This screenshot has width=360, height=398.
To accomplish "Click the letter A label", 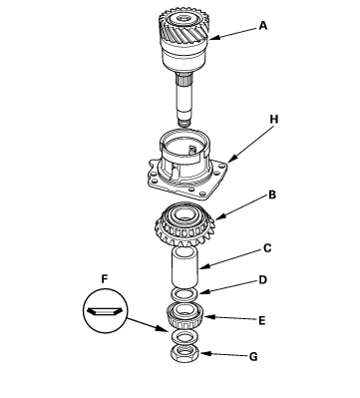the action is tap(263, 26).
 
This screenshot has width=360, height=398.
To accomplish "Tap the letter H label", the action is tap(273, 120).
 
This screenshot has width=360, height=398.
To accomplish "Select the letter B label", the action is tap(272, 195).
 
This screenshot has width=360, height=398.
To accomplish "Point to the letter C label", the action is tap(267, 248).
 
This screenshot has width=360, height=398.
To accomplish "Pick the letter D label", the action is tap(263, 280).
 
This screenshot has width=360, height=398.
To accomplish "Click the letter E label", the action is tap(262, 321).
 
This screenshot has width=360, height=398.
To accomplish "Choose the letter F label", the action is tap(105, 279).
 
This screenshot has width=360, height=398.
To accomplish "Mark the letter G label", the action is tap(253, 357).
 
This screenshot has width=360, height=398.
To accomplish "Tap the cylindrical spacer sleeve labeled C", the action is tap(185, 267).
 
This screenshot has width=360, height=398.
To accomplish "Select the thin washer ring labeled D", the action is tap(184, 293).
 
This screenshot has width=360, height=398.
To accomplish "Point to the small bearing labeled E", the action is tap(184, 315).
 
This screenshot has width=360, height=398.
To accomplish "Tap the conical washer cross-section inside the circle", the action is tap(105, 311).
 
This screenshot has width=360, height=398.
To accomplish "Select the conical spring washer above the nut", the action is tap(184, 338).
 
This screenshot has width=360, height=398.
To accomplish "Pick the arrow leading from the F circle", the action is tap(148, 325).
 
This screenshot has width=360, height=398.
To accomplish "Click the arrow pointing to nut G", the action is tap(223, 354).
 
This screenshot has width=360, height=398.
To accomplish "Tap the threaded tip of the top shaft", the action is tap(183, 123).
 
